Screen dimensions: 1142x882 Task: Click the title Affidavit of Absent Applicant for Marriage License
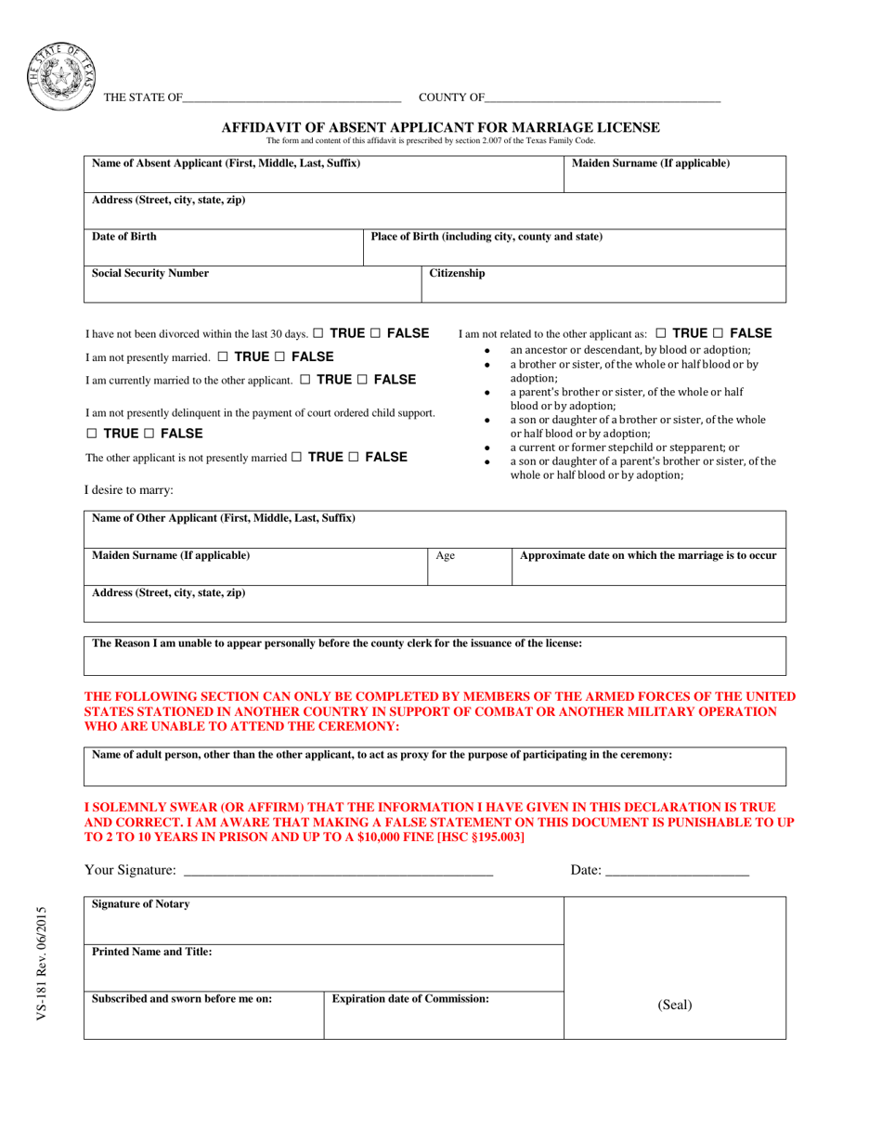click(440, 127)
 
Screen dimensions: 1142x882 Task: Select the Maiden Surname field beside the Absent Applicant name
click(675, 174)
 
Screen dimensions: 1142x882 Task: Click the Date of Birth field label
click(124, 237)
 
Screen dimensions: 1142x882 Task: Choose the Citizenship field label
click(457, 274)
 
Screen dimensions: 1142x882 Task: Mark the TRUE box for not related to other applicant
click(661, 333)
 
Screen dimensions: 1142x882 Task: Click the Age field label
click(446, 556)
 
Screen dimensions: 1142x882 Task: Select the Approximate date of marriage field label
click(648, 555)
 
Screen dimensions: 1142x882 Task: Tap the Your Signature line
click(339, 870)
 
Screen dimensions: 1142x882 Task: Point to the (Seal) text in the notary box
click(675, 1005)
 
